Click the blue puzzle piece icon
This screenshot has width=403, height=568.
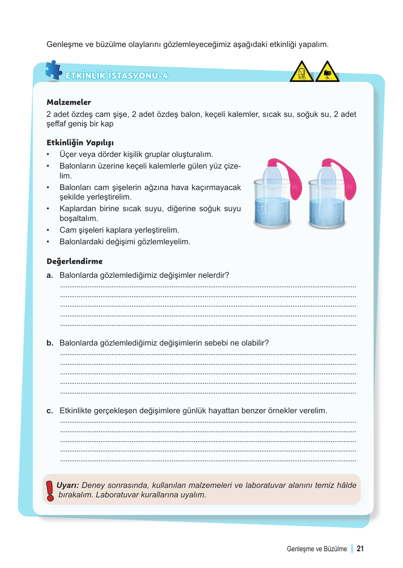coord(54,70)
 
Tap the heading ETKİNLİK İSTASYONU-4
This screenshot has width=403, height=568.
coord(117,76)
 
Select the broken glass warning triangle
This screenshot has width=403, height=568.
coord(302,72)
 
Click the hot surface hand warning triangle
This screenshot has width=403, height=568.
coord(327,72)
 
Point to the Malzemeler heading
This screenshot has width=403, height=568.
coord(69,102)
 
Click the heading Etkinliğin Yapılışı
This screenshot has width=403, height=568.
coord(80,142)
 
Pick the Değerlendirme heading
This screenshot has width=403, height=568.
coord(75,261)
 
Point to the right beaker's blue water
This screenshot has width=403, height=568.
coord(327,213)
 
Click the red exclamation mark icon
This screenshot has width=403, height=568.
coord(50,490)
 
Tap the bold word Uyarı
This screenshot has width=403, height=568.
coord(68,485)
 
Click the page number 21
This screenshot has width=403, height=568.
coord(360,549)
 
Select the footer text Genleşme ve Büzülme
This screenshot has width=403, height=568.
coord(317,549)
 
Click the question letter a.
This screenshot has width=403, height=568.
coord(50,276)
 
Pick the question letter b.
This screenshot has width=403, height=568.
coord(50,343)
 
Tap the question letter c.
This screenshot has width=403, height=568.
coord(50,411)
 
